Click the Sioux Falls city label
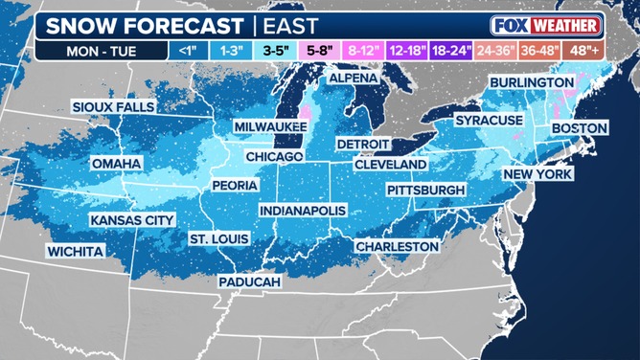tap(113, 107)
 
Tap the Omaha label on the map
tap(116, 164)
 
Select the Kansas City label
tap(132, 220)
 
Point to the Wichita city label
tap(75, 252)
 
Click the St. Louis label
tap(218, 238)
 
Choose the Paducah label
tap(249, 282)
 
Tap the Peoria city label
tap(235, 185)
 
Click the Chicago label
tap(274, 156)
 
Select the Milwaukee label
tap(270, 126)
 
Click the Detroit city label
tap(362, 144)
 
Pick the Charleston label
tap(397, 246)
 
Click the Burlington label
tap(532, 83)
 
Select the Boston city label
tap(580, 128)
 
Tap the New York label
tap(537, 174)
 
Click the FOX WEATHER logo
tap(545, 25)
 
